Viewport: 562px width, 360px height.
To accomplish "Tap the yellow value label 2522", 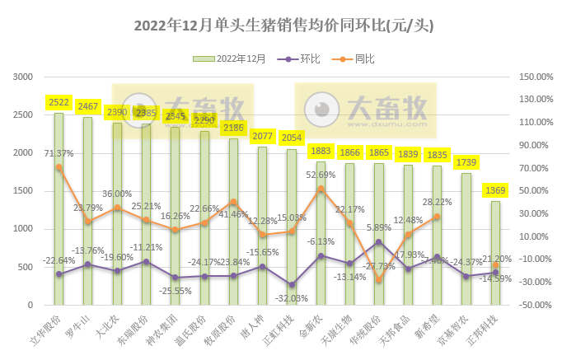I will [x=59, y=103].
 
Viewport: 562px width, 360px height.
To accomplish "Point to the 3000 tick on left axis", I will [x=22, y=77].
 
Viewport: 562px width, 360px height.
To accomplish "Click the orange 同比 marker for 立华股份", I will [x=59, y=167].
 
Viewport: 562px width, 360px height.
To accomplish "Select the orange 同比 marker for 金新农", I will [x=321, y=189].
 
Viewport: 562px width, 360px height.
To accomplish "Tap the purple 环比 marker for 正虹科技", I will [x=292, y=284].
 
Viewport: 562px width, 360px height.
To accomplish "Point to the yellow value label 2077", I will [x=262, y=136].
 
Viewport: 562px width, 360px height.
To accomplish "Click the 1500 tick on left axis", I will [x=22, y=191].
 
